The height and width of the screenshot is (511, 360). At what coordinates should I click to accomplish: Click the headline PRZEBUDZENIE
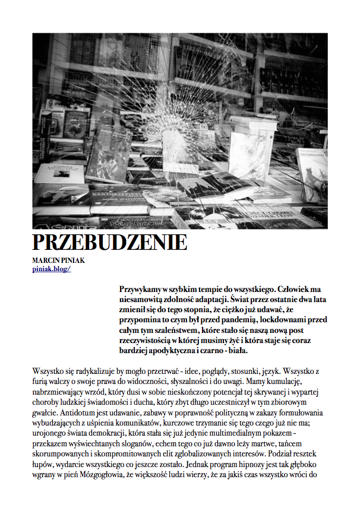point(109,243)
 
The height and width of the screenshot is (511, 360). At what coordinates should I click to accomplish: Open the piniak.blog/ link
point(52,269)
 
